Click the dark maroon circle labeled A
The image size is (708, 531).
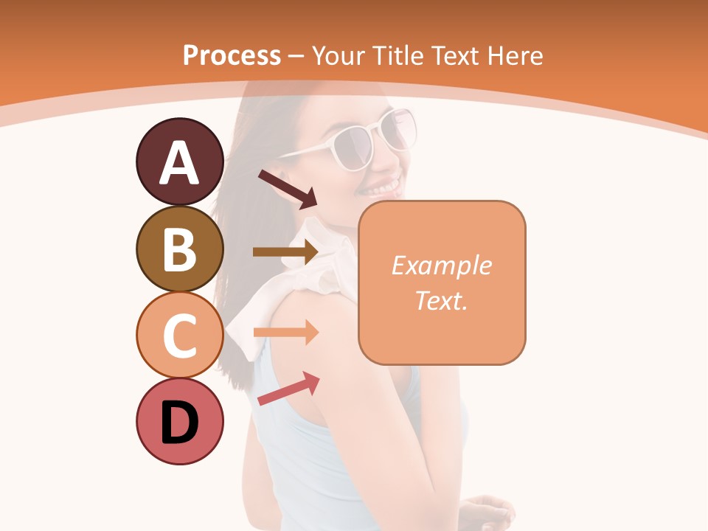(x=179, y=162)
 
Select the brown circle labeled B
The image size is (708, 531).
(x=179, y=249)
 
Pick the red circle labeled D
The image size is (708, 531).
(x=179, y=421)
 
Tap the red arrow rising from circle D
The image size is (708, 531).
(x=288, y=389)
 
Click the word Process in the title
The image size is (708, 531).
(x=232, y=55)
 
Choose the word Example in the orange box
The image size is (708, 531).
(x=441, y=265)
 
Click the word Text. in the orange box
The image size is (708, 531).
(x=441, y=300)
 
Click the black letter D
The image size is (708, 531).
(x=179, y=424)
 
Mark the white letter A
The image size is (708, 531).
(x=179, y=164)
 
